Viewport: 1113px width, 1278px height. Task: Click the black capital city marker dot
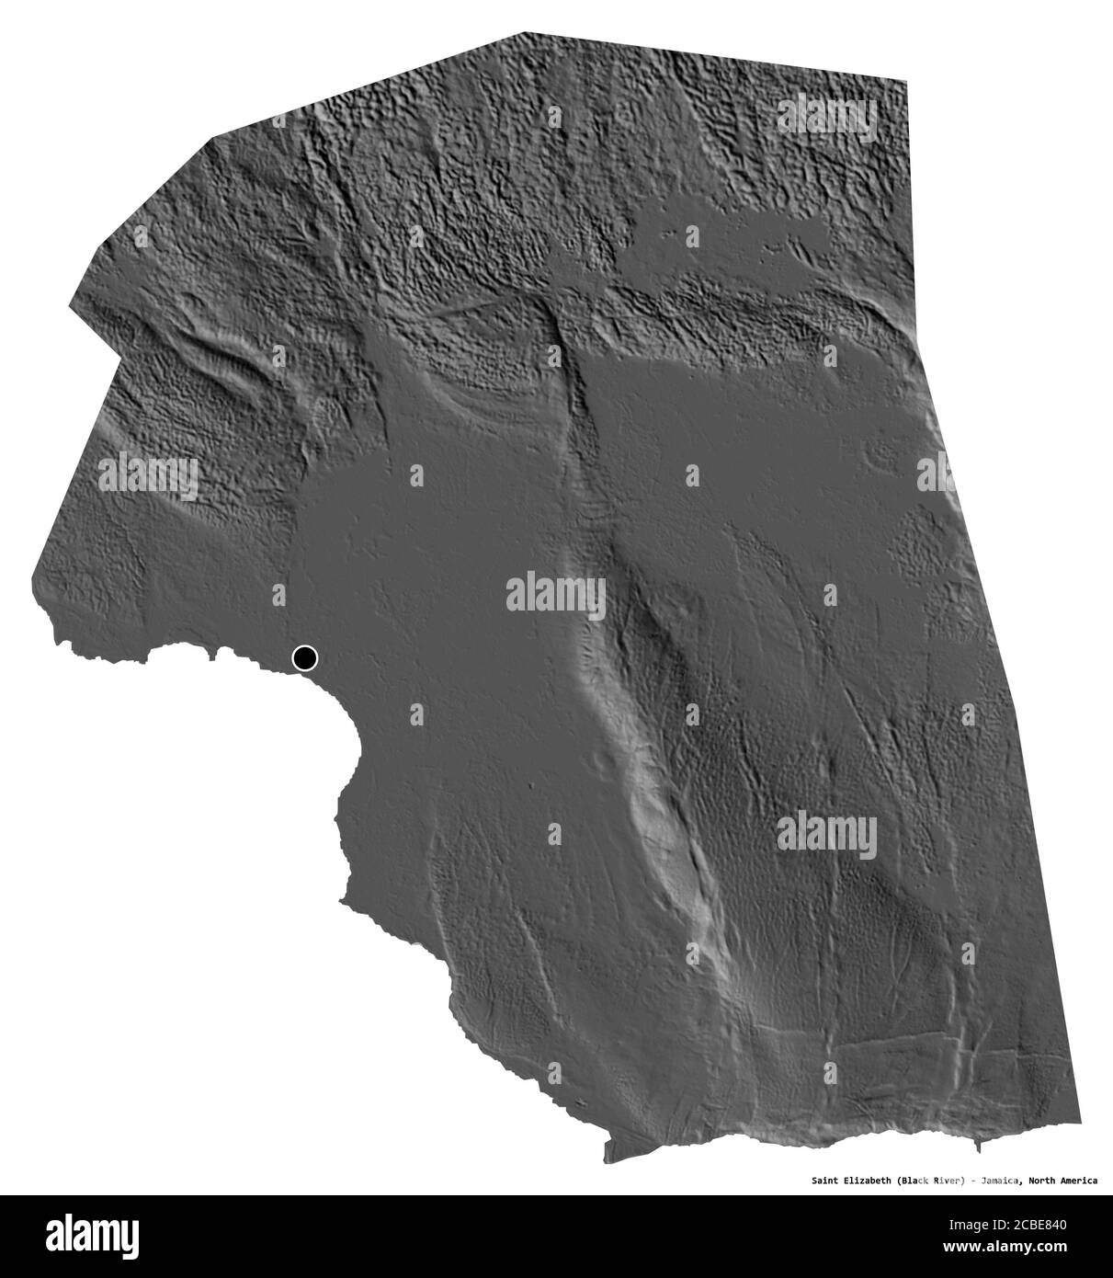tap(304, 658)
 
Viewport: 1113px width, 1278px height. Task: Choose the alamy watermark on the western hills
tap(147, 477)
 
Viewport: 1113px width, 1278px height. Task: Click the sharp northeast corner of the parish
tap(907, 82)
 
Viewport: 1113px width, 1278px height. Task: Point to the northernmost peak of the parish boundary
tap(521, 34)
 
